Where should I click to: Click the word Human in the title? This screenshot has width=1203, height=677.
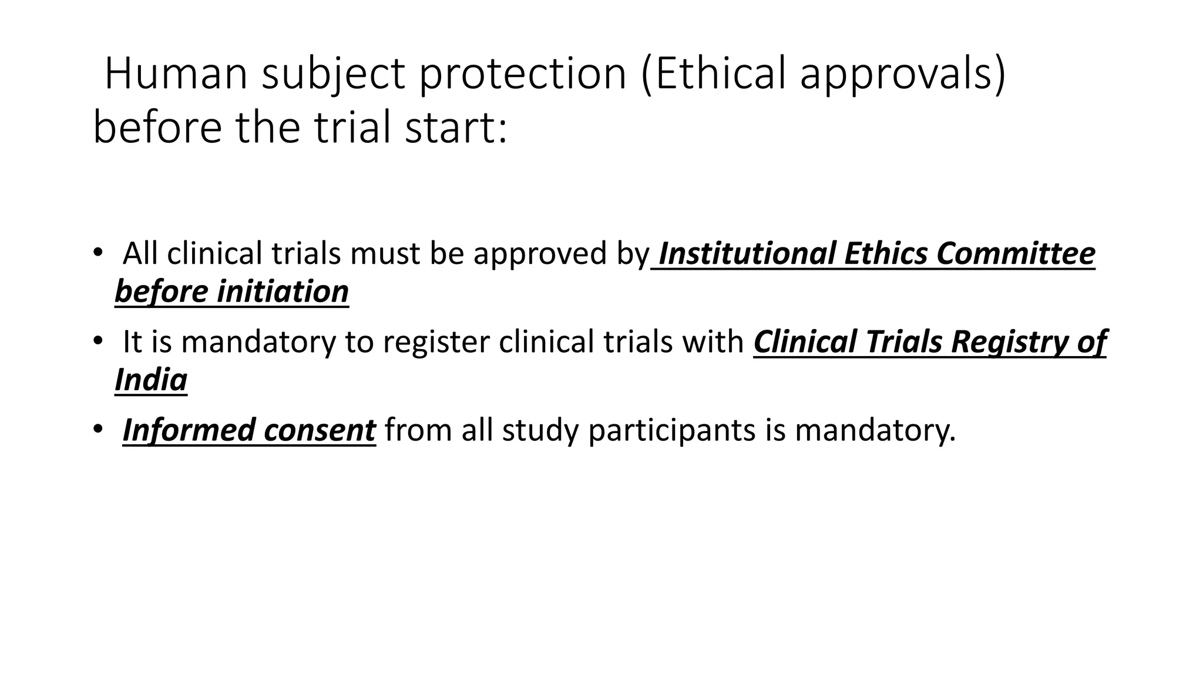pos(176,75)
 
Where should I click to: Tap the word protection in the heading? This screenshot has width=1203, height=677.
pos(522,75)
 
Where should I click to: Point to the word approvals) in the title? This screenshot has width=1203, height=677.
pos(903,75)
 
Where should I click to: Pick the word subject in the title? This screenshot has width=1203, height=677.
pos(333,75)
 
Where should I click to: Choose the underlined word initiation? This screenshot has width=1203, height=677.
pos(283,291)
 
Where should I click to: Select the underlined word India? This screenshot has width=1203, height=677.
pos(151,380)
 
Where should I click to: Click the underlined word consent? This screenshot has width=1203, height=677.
pos(319,430)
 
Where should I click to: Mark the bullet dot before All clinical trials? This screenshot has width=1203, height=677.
pos(97,253)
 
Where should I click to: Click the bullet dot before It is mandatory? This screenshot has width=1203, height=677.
pos(97,341)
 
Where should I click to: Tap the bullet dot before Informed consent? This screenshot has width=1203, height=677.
pos(97,429)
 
